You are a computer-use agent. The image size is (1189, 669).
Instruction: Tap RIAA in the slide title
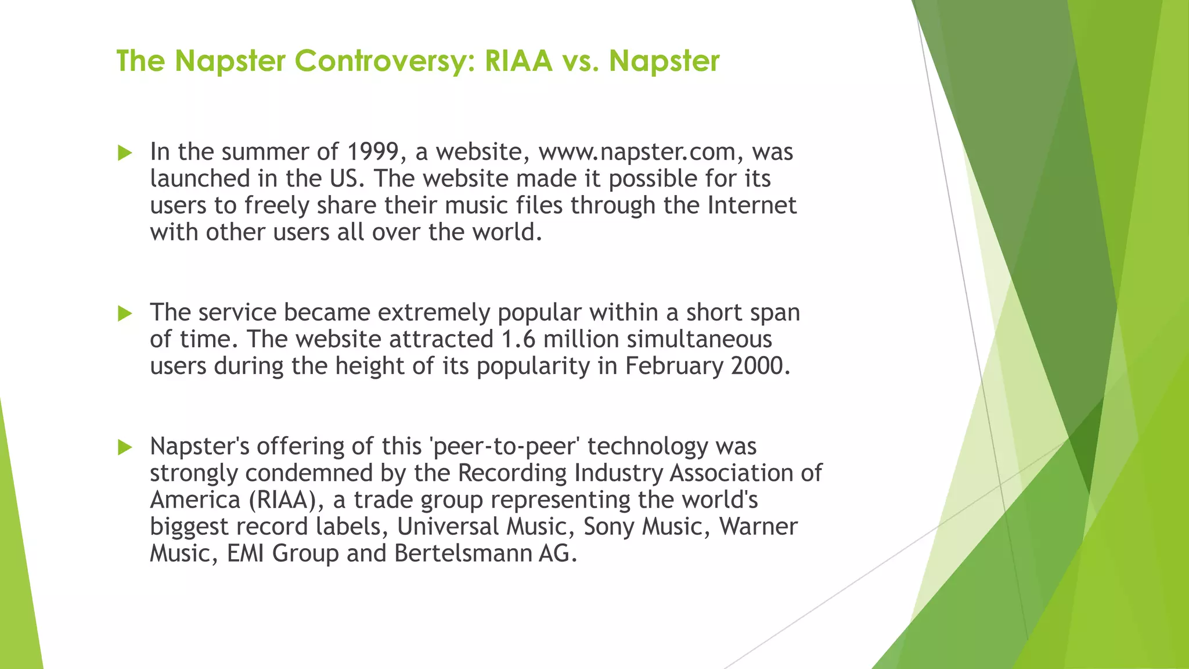[x=518, y=61]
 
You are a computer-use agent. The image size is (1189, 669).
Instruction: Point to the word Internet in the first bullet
[x=751, y=206]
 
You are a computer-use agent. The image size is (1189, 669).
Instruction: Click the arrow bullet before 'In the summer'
[x=125, y=153]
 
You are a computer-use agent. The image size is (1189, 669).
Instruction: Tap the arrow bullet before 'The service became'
[x=125, y=314]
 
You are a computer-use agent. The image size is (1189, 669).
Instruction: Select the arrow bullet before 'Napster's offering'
[x=125, y=448]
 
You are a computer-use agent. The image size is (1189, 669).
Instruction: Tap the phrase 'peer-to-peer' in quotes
[x=505, y=447]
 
